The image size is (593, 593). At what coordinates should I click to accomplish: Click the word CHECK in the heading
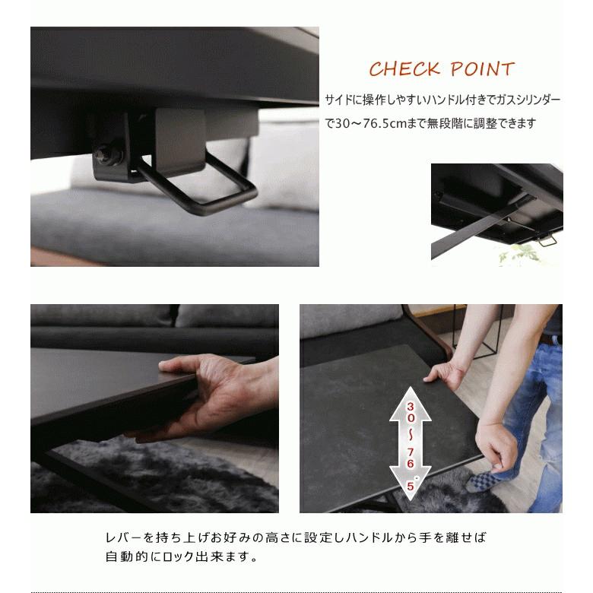tap(404, 69)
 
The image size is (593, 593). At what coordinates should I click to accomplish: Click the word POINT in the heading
tap(482, 69)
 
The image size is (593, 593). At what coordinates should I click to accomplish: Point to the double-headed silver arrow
tap(411, 443)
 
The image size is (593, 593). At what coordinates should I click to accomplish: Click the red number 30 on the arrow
tap(411, 412)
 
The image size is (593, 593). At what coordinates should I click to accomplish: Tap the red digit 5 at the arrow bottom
tap(411, 486)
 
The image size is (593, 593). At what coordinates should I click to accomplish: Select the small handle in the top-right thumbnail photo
tap(547, 239)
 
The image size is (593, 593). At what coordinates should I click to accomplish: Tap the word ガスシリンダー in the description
tap(528, 100)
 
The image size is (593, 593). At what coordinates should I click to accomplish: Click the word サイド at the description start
tap(339, 100)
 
